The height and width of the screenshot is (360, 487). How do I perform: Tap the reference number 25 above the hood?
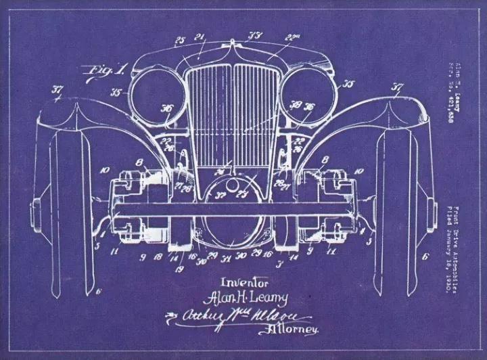[180, 40]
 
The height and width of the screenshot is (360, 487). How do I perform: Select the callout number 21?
[200, 37]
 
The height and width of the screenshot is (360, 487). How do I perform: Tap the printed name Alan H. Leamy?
[246, 297]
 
